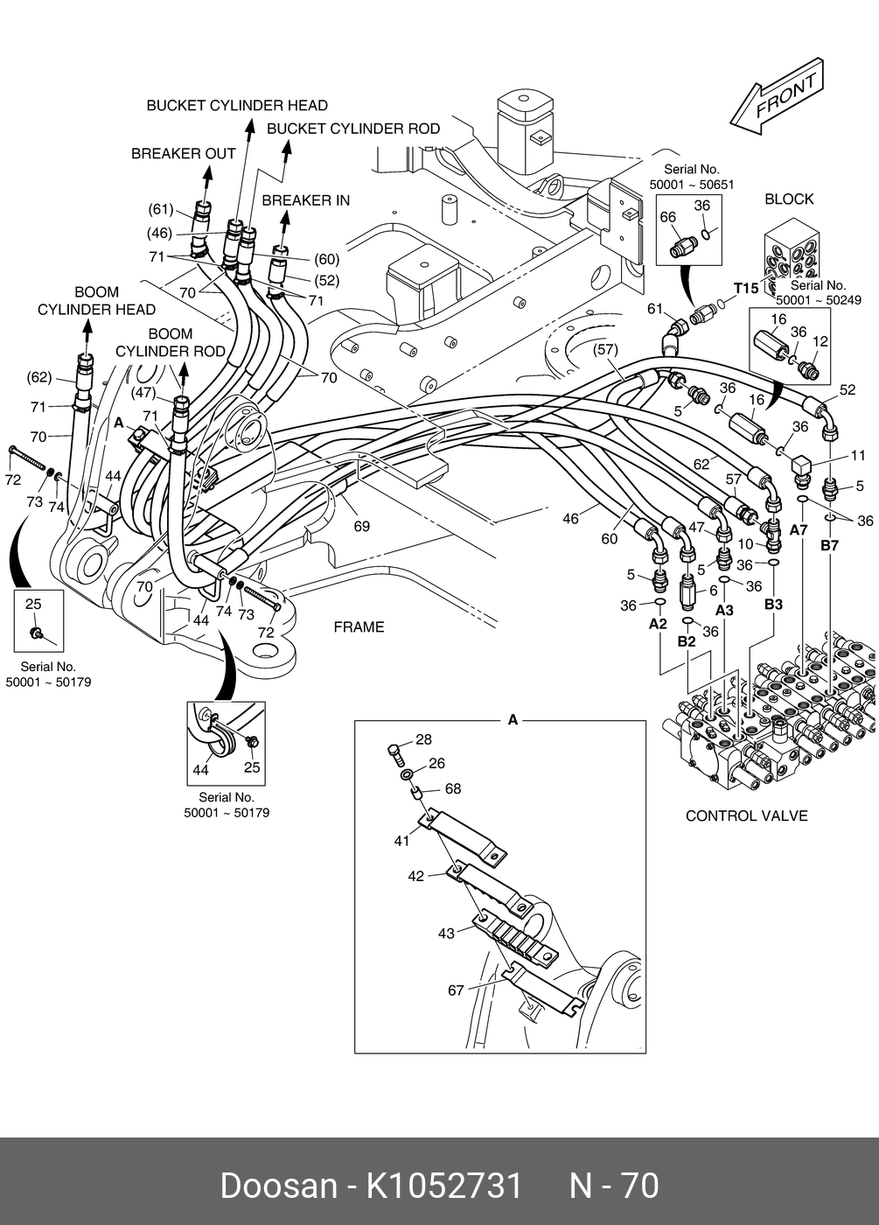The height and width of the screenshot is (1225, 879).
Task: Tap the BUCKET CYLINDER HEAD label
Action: [x=237, y=106]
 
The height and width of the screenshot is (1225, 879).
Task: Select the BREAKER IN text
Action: [x=305, y=200]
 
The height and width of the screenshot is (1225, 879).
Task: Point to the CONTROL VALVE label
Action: [x=746, y=816]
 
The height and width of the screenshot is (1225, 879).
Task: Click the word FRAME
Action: [x=359, y=627]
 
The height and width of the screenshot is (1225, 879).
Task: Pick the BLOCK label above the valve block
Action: [x=789, y=199]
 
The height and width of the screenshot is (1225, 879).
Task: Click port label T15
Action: [x=746, y=289]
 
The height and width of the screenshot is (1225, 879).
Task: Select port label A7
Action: [x=799, y=530]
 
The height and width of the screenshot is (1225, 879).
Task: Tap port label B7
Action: [x=829, y=546]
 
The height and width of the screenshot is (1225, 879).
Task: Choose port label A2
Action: [x=658, y=624]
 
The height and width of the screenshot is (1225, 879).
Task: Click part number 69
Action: [x=361, y=526]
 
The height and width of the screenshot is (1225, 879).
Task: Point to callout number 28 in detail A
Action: [x=423, y=740]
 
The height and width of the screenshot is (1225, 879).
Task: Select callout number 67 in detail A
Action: [x=456, y=990]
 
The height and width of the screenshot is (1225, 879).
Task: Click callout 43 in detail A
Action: [x=446, y=934]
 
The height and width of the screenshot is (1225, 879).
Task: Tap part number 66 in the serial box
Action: [x=667, y=217]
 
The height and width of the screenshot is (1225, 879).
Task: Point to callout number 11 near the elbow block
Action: [x=858, y=456]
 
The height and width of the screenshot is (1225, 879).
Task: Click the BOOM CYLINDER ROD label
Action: [x=171, y=343]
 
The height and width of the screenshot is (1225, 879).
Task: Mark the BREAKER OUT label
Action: [x=184, y=154]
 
